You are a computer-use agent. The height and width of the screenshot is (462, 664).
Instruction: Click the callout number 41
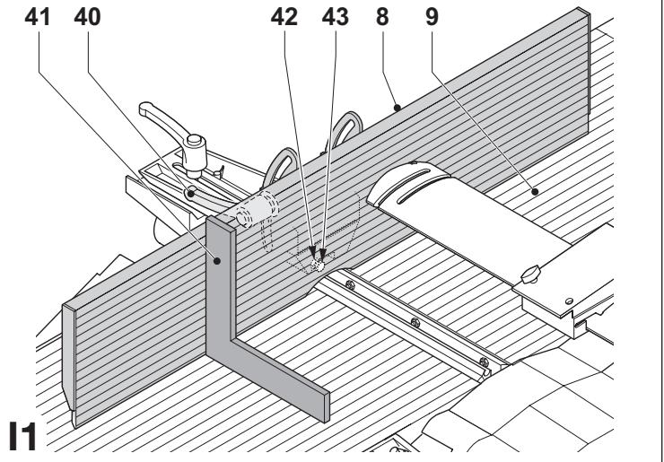pyautogui.click(x=38, y=17)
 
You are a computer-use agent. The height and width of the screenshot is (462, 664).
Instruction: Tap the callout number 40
pyautogui.click(x=87, y=17)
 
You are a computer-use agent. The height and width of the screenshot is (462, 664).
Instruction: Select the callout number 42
pyautogui.click(x=284, y=17)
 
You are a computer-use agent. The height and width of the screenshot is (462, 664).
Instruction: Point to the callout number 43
pyautogui.click(x=336, y=17)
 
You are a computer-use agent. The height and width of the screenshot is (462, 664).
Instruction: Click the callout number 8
pyautogui.click(x=382, y=17)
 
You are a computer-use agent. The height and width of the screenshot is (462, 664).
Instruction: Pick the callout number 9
pyautogui.click(x=432, y=17)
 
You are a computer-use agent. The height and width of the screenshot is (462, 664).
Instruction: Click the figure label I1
pyautogui.click(x=22, y=436)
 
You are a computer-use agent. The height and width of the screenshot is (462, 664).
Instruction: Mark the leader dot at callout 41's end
pyautogui.click(x=217, y=261)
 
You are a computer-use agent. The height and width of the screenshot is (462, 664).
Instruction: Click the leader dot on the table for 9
pyautogui.click(x=535, y=192)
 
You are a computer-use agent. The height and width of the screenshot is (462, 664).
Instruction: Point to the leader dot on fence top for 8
pyautogui.click(x=397, y=108)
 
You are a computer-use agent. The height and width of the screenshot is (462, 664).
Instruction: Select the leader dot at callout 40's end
pyautogui.click(x=191, y=194)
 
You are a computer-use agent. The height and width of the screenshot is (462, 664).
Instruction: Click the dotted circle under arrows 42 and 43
pyautogui.click(x=318, y=266)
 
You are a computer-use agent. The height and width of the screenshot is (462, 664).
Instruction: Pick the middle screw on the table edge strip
pyautogui.click(x=415, y=323)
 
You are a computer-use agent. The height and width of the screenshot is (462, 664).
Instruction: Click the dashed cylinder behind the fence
pyautogui.click(x=258, y=209)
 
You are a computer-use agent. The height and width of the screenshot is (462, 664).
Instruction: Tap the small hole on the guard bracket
pyautogui.click(x=570, y=301)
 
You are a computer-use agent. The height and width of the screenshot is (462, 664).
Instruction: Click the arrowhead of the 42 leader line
pyautogui.click(x=312, y=253)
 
